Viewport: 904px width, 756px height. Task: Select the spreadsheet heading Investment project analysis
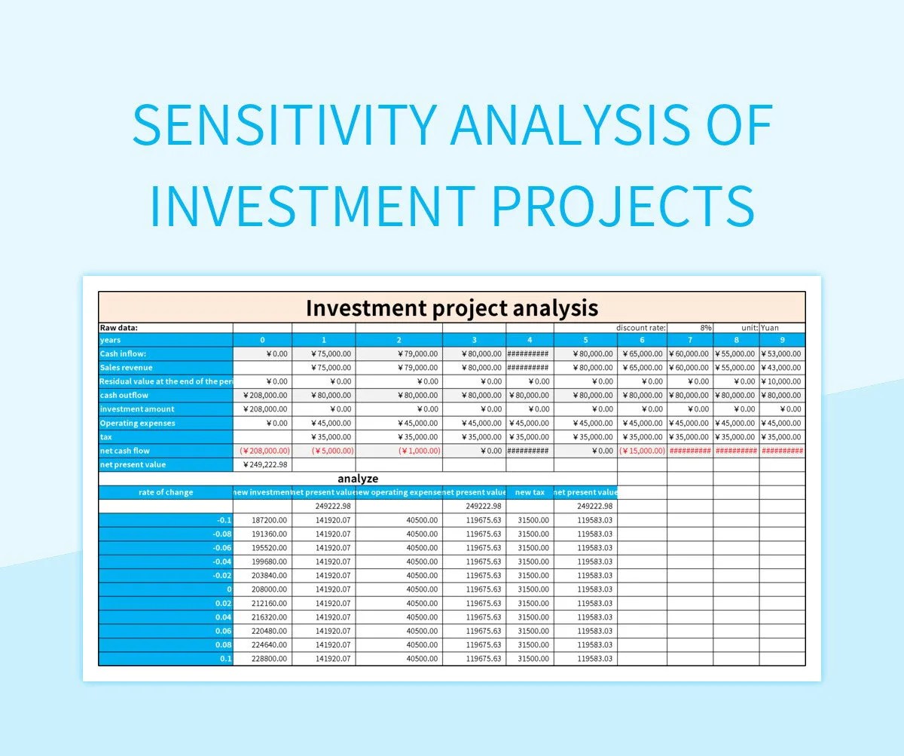point(451,308)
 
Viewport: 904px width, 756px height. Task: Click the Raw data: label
point(119,328)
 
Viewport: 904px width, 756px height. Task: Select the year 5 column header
point(585,340)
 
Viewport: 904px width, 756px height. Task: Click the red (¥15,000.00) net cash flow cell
point(642,451)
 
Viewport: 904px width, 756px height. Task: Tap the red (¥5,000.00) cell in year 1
point(323,451)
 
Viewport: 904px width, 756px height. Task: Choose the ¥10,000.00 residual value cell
point(782,381)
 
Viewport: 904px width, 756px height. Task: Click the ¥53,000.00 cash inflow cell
point(782,354)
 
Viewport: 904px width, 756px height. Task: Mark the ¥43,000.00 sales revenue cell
point(782,368)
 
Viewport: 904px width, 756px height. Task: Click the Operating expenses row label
point(138,423)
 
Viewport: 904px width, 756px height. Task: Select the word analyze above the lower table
point(358,479)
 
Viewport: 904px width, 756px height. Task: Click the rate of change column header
point(166,492)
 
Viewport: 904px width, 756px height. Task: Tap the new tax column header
point(530,492)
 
